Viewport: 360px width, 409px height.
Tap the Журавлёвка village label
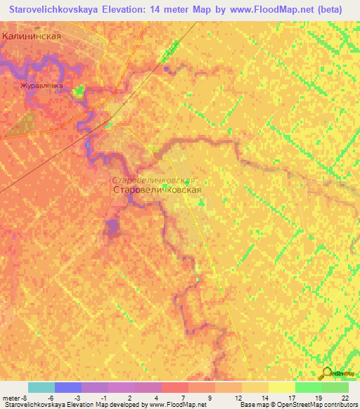tap(41, 86)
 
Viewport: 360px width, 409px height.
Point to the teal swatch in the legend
tap(41, 387)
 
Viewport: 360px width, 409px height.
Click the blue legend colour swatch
tap(68, 387)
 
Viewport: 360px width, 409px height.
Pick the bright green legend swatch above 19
tap(308, 387)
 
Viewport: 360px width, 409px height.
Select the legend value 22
tap(345, 397)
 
